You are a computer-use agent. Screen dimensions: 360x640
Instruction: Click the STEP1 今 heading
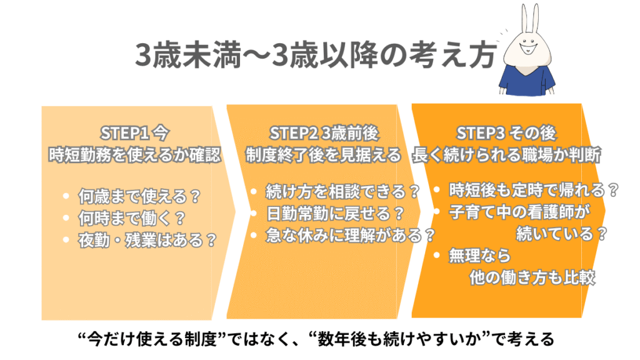135,133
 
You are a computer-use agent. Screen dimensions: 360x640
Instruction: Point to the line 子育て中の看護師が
519,211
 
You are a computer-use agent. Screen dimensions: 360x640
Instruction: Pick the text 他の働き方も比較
532,278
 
